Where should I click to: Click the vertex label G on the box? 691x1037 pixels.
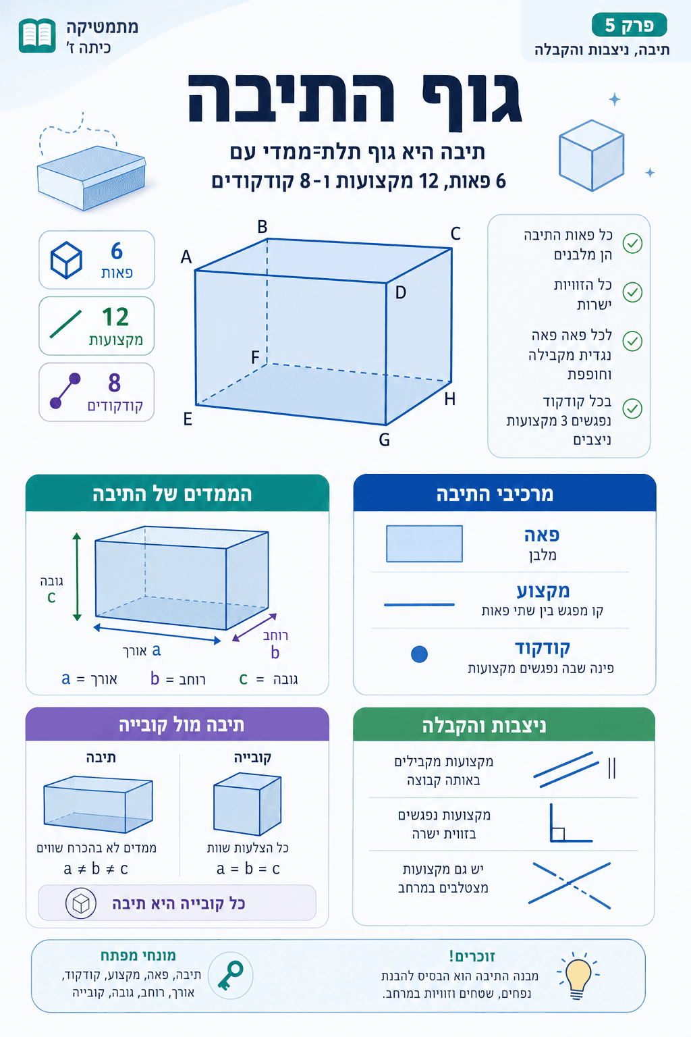coord(384,440)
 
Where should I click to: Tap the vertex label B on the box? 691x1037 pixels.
coord(262,227)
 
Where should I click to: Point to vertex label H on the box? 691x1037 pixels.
coord(450,399)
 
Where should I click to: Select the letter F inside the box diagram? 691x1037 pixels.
coord(255,357)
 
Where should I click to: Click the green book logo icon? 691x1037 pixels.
coord(37,36)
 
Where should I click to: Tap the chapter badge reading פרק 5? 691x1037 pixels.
coord(629,26)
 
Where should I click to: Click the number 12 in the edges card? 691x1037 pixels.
coord(115,317)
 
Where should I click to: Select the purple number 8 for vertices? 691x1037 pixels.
coord(115,383)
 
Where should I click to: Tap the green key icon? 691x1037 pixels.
coord(230,976)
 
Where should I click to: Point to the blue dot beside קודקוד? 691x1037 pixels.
coord(419,654)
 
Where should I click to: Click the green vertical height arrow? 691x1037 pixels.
coord(77,577)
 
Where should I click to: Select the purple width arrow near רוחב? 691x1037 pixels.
coord(254,627)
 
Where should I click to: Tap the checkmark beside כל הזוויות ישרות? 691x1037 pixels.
coord(632,292)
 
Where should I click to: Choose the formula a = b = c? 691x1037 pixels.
coord(248,869)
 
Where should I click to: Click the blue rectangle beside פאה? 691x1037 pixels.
coord(424,543)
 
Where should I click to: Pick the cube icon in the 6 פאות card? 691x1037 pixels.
coord(66,260)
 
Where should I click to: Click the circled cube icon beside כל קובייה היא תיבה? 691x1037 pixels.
coord(80,903)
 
